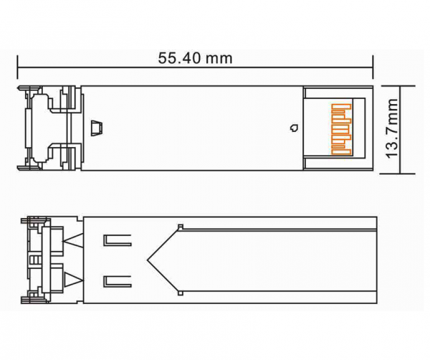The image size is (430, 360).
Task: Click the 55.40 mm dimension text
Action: pos(195,58)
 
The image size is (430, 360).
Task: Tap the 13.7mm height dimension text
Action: pos(391,128)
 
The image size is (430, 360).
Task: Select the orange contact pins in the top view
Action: pos(341,130)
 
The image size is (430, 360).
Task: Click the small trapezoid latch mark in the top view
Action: pos(97,128)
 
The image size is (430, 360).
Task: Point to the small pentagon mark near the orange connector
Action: pos(295,128)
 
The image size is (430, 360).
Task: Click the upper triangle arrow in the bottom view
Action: pos(73,241)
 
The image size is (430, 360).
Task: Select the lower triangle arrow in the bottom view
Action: pos(73,280)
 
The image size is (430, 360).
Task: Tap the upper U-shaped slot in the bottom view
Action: pos(118,241)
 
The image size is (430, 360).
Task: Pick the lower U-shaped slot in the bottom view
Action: pos(118,282)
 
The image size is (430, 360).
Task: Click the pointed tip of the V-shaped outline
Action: pos(147,260)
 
